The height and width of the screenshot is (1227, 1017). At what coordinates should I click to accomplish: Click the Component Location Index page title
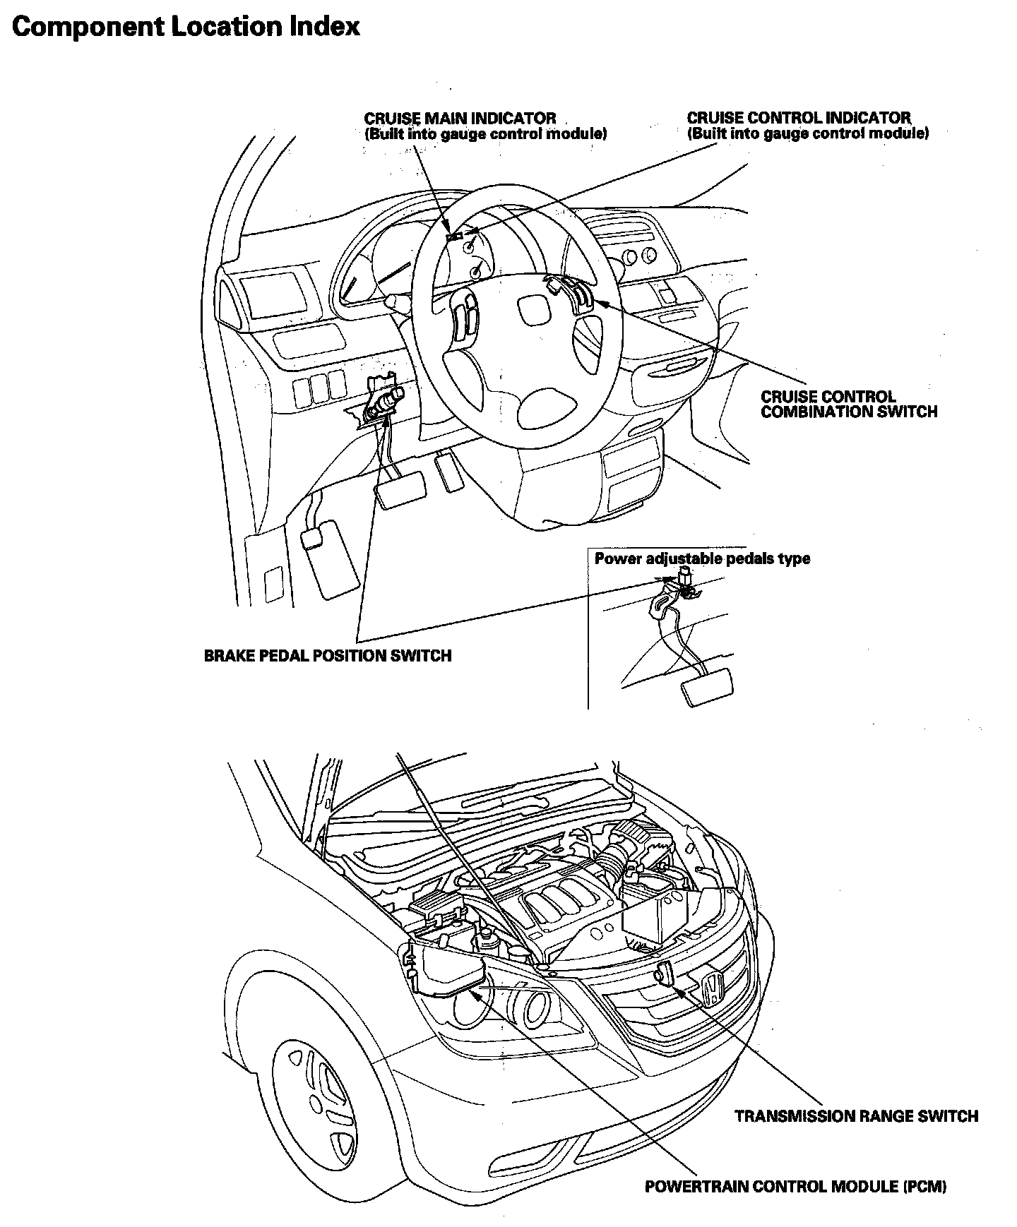(186, 27)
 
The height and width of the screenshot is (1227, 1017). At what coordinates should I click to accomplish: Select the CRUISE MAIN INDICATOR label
(460, 119)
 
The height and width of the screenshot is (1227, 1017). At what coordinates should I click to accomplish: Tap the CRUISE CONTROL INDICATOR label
(799, 118)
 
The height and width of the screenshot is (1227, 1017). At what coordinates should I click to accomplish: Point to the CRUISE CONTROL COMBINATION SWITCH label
(848, 405)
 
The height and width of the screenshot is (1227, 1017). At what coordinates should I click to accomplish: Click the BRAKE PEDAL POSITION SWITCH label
(328, 656)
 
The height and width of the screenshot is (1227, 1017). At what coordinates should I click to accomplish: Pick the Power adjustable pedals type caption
(702, 559)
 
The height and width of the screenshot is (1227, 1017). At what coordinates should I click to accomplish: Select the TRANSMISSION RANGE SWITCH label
(856, 1116)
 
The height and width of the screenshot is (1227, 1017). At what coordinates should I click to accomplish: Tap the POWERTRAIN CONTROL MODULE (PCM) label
(795, 1187)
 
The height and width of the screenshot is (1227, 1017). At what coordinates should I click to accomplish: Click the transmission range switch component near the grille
(665, 972)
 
